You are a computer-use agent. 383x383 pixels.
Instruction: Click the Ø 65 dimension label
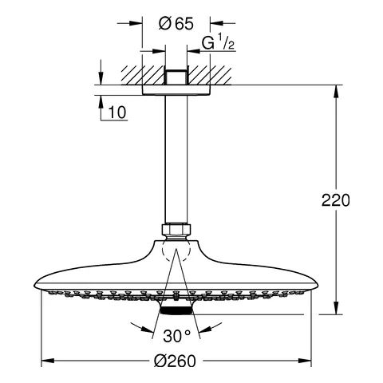[x=176, y=24]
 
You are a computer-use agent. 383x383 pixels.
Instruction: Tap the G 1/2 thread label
[x=218, y=42]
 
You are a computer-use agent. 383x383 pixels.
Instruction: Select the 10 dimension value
[x=117, y=113]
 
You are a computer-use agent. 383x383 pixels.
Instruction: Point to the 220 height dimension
[x=336, y=200]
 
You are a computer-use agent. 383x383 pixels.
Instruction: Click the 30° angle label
[x=177, y=336]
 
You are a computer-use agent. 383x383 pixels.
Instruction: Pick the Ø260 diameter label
[x=175, y=361]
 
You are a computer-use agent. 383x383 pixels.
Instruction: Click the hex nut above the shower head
[x=176, y=230]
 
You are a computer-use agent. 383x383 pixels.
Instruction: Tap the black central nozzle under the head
[x=176, y=310]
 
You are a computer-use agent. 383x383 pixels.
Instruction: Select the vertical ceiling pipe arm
[x=176, y=159]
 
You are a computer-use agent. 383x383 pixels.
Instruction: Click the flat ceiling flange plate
[x=176, y=90]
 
